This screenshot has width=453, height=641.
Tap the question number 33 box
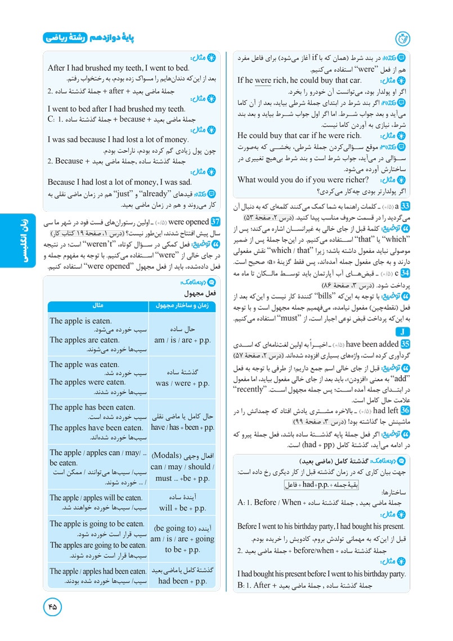(404, 207)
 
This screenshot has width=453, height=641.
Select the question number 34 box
(404, 273)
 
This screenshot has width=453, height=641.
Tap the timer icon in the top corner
(403, 38)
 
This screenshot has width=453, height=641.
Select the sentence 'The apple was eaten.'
(84, 364)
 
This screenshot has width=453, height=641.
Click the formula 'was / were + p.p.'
(182, 383)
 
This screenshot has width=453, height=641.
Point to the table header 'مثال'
(97, 305)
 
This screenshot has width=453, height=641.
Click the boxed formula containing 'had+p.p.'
(318, 484)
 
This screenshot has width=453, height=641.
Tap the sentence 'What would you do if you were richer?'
(303, 180)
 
